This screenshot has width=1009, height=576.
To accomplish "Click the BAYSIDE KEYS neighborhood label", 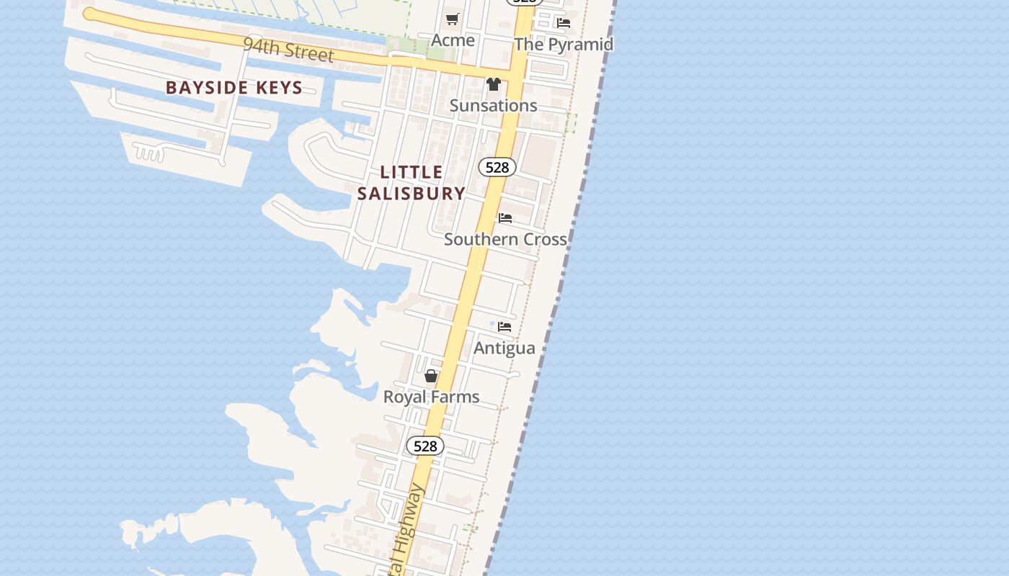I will click(x=234, y=88).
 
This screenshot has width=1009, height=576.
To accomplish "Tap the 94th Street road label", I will click(x=288, y=50).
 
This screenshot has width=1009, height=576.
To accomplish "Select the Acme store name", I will click(x=453, y=40).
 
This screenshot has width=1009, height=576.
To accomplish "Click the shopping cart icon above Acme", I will click(x=453, y=19).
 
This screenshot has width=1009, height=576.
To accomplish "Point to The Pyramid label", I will click(x=564, y=44).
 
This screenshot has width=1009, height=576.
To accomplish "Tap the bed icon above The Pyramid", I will click(x=564, y=23).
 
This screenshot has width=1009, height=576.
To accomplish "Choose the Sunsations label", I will click(x=493, y=106).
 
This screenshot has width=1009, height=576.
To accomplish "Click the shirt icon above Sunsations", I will click(x=493, y=84).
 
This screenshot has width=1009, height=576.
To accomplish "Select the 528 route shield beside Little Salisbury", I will click(x=497, y=168).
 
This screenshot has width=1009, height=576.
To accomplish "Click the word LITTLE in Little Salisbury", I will click(x=412, y=172).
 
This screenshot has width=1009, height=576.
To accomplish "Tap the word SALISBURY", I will click(x=412, y=193).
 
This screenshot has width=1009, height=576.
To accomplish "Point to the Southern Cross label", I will click(x=505, y=239).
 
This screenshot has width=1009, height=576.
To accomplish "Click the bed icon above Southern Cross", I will click(x=505, y=217).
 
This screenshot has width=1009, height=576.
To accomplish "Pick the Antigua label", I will click(x=504, y=348).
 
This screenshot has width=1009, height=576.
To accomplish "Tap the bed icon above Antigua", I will click(x=504, y=327).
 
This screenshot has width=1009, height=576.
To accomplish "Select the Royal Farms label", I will click(x=431, y=397).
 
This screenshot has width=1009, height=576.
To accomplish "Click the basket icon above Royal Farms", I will click(x=431, y=376).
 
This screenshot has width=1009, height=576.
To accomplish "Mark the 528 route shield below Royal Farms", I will click(x=425, y=446).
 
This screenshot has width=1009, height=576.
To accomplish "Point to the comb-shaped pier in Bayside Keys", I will click(x=149, y=153).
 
